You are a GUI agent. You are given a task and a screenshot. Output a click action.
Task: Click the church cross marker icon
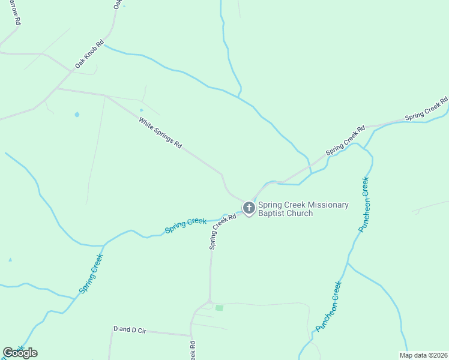coord(249,208)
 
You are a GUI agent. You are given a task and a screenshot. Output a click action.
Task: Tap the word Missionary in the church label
coord(325,205)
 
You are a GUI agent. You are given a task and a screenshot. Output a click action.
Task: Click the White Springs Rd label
coord(160,133)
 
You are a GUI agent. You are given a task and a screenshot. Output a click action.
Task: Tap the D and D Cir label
coord(130,329)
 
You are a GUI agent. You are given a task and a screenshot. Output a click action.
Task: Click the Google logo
coord(20,353)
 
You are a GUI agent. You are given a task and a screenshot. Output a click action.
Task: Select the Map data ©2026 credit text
coord(423,355)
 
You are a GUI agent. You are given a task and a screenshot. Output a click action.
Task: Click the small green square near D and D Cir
coord(219,308)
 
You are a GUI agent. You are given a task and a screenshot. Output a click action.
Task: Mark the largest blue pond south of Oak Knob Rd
coord(77,114)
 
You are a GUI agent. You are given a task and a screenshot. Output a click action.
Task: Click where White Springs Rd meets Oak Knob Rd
coord(56,89)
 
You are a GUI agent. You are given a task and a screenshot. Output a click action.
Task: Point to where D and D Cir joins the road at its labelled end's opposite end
coord(191,335)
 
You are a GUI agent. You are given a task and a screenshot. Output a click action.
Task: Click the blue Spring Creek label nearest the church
coord(185,226)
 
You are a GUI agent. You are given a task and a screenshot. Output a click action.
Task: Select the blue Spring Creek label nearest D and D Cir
coord(91,274)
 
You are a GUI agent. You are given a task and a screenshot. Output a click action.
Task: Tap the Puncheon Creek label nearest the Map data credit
coord(329,307)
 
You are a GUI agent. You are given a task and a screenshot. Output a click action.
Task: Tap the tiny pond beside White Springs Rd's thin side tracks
coord(142,110)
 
